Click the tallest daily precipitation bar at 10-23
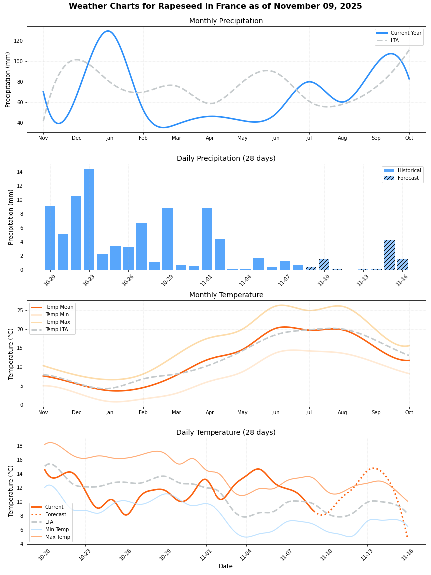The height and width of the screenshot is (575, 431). (89, 219)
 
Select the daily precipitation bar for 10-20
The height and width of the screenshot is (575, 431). (50, 238)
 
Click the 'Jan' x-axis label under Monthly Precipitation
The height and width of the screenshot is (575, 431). (110, 138)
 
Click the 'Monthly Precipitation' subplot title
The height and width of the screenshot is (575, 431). (225, 21)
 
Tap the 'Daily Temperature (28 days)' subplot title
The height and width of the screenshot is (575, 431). (225, 432)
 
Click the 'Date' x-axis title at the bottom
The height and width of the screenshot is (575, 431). (225, 566)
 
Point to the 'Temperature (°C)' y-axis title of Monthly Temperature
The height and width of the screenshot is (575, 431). (11, 354)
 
